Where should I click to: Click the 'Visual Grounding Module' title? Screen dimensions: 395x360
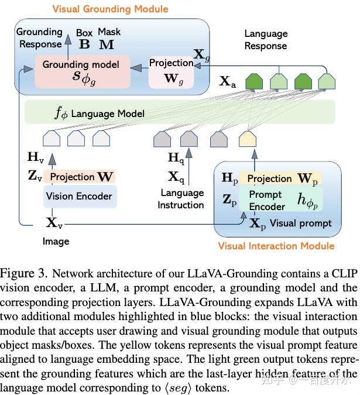pyautogui.click(x=110, y=9)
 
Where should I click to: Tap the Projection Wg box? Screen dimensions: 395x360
pyautogui.click(x=171, y=71)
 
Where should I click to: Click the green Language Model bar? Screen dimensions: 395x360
pyautogui.click(x=179, y=113)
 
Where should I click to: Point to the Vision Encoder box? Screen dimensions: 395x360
pyautogui.click(x=79, y=197)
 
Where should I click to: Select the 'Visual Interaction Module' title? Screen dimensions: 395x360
pyautogui.click(x=276, y=246)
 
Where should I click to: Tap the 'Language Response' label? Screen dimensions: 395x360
pyautogui.click(x=266, y=40)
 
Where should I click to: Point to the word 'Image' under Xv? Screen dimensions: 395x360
pyautogui.click(x=56, y=241)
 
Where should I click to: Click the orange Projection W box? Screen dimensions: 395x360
pyautogui.click(x=80, y=177)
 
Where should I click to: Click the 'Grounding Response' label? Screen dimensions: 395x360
pyautogui.click(x=39, y=38)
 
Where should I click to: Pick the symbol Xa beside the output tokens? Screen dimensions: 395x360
pyautogui.click(x=228, y=82)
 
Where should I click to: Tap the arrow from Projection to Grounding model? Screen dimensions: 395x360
pyautogui.click(x=139, y=68)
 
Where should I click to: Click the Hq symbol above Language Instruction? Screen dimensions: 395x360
pyautogui.click(x=176, y=158)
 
